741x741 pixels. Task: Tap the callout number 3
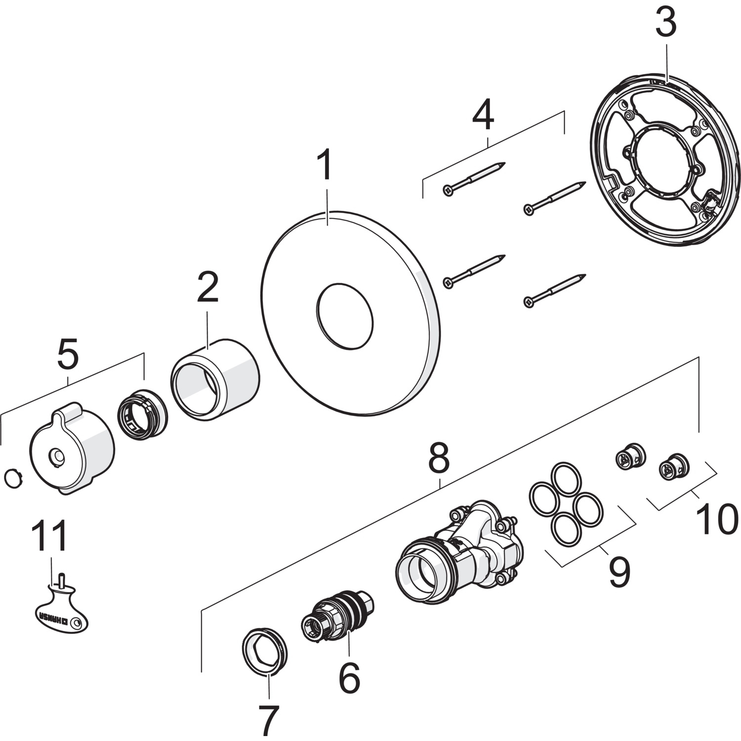coord(665,23)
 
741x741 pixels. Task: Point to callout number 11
coord(49,537)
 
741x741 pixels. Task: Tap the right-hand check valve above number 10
coord(674,466)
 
